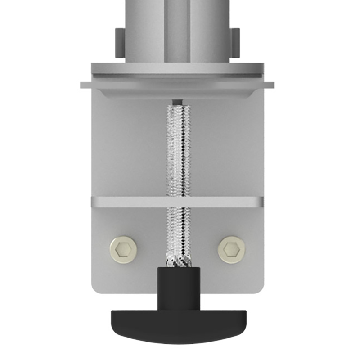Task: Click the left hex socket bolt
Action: point(124,249)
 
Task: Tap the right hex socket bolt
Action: point(232,249)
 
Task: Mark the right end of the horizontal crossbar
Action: point(261,202)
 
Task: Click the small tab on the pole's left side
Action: point(119,43)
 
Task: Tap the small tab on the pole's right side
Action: point(235,43)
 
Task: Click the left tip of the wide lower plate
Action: point(83,85)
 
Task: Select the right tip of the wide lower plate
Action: point(272,85)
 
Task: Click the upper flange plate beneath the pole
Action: point(178,69)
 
